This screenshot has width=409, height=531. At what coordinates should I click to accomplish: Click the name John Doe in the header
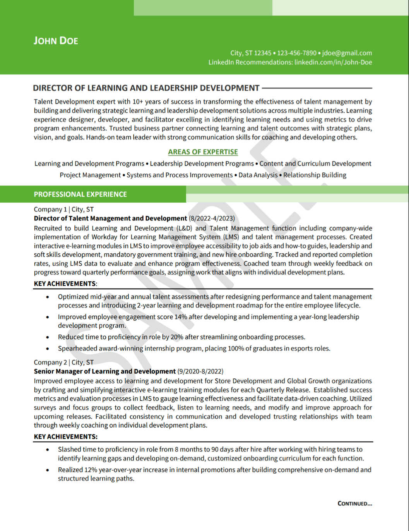coord(56,41)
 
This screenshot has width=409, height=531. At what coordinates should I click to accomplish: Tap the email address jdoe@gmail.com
coord(347,53)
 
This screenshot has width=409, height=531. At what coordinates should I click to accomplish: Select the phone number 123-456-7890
coord(297,53)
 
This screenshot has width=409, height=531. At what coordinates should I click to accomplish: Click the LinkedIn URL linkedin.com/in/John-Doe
coord(333,62)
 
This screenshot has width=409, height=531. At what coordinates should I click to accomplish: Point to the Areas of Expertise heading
coord(203,152)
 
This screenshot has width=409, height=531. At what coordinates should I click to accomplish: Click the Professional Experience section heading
coord(80,194)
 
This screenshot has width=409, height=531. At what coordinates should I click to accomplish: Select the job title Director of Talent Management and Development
coord(110,218)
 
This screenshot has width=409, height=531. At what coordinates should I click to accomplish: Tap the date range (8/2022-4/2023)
coord(212,218)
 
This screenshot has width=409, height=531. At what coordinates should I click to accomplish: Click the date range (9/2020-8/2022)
coord(200,371)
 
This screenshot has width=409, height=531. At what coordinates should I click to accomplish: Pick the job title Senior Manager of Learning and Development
coord(104,371)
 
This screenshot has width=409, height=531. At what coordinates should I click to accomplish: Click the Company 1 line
coord(63,210)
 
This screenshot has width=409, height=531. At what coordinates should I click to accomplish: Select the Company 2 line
coord(63,363)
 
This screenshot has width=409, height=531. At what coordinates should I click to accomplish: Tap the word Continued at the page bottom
coord(354,504)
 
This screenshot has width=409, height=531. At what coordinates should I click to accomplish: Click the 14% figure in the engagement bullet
coord(181,317)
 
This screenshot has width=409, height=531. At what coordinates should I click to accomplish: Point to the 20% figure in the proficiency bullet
coord(177,337)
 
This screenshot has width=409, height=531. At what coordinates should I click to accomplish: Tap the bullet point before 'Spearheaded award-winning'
coord(48,349)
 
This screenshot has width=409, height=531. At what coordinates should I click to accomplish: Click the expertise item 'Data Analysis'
coord(258,175)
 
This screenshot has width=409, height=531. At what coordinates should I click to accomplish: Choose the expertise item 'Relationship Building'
coord(315,175)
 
